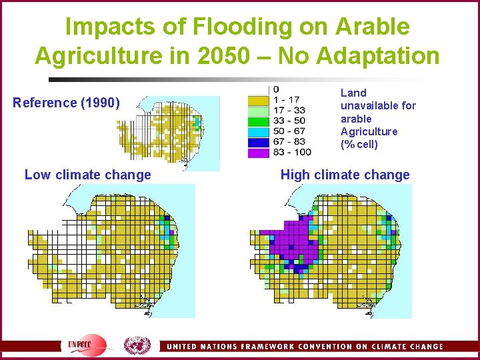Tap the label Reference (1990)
pos(67,103)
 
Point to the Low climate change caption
pos(87,175)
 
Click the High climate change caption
pos(345,175)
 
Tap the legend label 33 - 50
pos(289,121)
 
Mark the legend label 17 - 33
pos(289,111)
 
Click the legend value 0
pos(276,90)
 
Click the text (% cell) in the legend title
pos(359,145)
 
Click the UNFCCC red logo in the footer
pos(87,345)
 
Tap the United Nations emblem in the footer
pos(137,345)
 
